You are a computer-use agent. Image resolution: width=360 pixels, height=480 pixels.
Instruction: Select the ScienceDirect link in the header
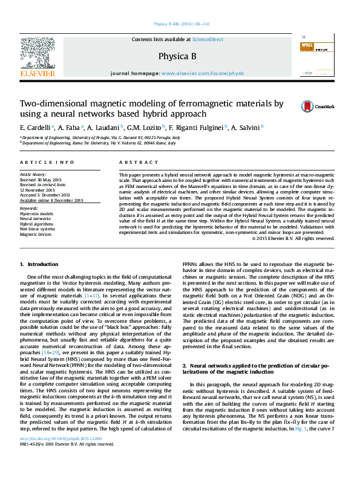(207, 39)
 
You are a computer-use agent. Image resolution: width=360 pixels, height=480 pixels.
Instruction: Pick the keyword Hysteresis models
(36, 214)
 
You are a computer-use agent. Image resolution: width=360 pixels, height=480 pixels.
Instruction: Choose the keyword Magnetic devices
(35, 234)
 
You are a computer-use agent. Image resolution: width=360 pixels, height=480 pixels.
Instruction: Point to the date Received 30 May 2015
(41, 180)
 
